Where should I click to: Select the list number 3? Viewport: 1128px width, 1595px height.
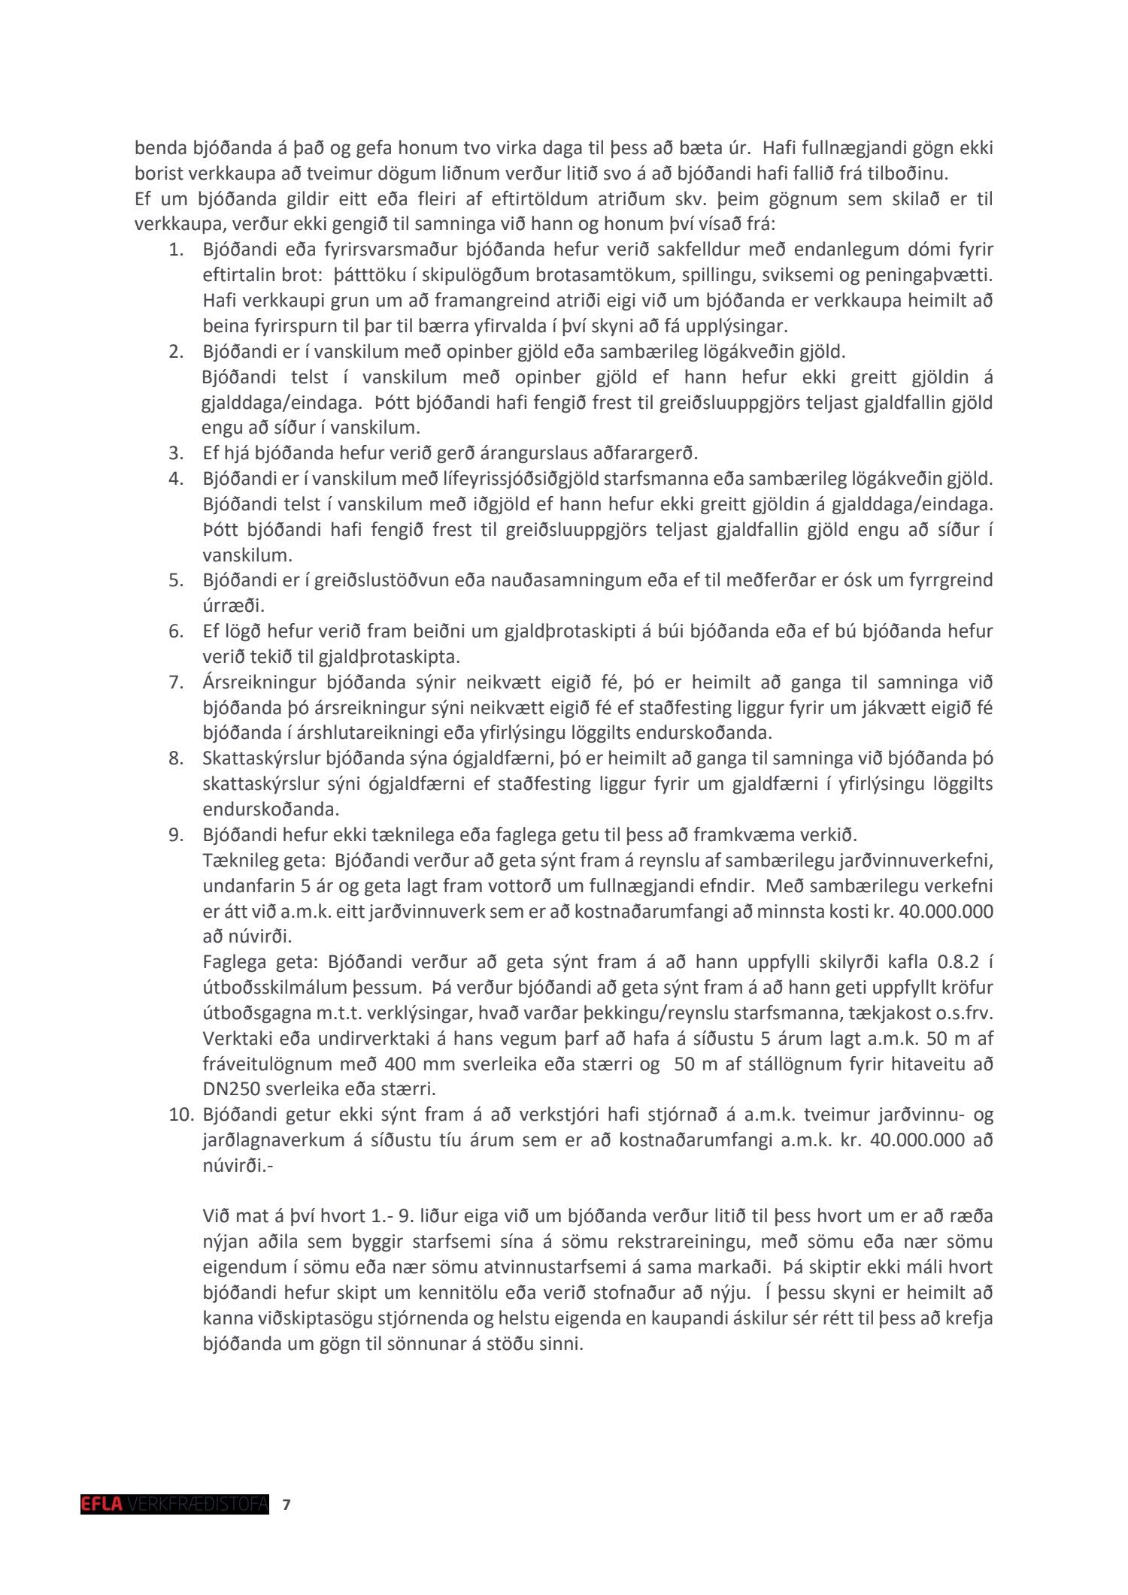[x=176, y=453]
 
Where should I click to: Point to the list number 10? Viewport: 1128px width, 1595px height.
[x=180, y=1114]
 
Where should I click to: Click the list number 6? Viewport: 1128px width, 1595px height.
[x=176, y=631]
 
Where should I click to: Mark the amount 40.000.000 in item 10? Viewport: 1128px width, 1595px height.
[x=917, y=1140]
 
